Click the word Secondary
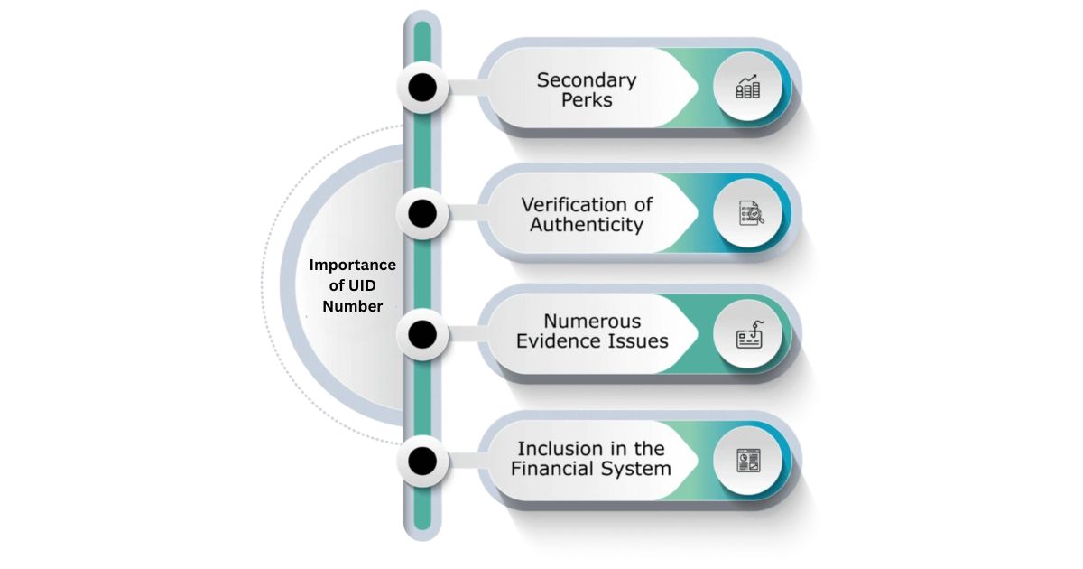587,79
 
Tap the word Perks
587,100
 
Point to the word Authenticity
587,225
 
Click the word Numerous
592,321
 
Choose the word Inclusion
559,448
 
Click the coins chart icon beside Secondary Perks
747,88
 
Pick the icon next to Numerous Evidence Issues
748,336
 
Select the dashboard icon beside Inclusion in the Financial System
748,461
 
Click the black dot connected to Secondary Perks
422,88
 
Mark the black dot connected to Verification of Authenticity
422,213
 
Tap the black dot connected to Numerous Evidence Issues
422,335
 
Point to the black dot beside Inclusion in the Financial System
422,462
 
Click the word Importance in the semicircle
353,265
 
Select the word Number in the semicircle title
353,306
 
